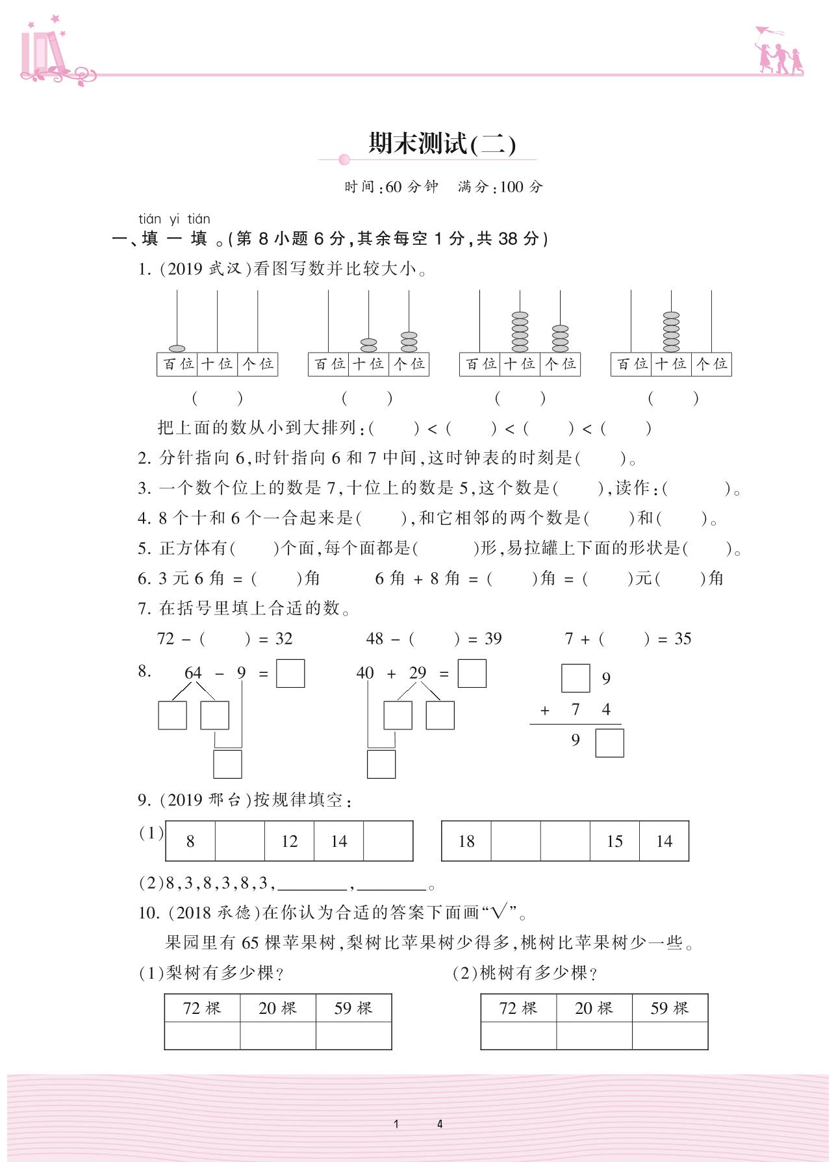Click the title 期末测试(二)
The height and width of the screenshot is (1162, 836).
pyautogui.click(x=442, y=144)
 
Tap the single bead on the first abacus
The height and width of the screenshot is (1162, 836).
pyautogui.click(x=177, y=349)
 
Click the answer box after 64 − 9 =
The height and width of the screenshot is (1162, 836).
pyautogui.click(x=290, y=674)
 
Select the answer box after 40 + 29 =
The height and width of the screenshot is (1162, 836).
pyautogui.click(x=472, y=674)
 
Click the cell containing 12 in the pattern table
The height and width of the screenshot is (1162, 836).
pyautogui.click(x=289, y=841)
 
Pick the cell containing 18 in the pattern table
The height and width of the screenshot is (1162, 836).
pyautogui.click(x=466, y=841)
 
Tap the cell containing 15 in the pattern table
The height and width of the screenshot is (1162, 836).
pyautogui.click(x=614, y=841)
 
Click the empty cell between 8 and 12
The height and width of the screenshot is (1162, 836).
pyautogui.click(x=240, y=841)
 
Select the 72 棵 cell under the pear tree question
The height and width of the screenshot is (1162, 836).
pyautogui.click(x=202, y=1008)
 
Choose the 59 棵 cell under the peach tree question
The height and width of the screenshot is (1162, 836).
pyautogui.click(x=670, y=1008)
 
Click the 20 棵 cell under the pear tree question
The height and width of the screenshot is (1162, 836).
pyautogui.click(x=277, y=1008)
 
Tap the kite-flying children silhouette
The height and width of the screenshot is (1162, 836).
pyautogui.click(x=778, y=51)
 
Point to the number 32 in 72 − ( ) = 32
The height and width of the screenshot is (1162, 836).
pyautogui.click(x=284, y=638)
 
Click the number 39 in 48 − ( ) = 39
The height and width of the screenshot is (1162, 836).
pyautogui.click(x=493, y=638)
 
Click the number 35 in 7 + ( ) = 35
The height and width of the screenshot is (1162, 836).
pyautogui.click(x=683, y=638)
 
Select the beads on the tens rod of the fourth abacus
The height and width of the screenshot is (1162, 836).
pyautogui.click(x=671, y=331)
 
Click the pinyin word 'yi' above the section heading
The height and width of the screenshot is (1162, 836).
pyautogui.click(x=175, y=219)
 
